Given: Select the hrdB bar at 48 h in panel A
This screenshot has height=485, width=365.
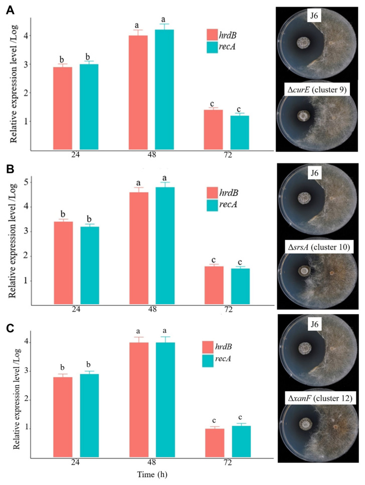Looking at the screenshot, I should [x=138, y=93].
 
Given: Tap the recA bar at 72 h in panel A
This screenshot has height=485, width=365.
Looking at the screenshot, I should [x=240, y=133].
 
